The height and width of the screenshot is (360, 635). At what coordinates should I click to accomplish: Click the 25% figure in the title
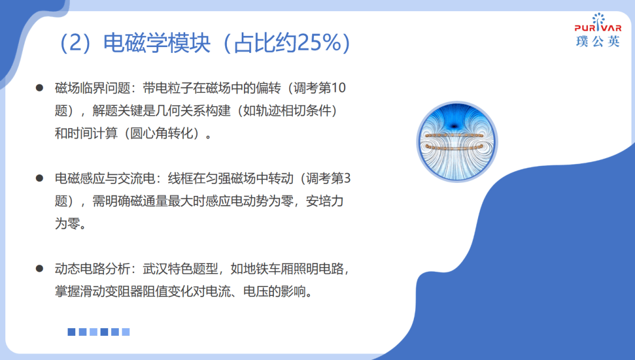[319, 42]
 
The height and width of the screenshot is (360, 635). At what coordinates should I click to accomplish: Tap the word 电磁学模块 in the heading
[157, 42]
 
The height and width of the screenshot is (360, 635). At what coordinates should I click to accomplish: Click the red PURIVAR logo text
[598, 28]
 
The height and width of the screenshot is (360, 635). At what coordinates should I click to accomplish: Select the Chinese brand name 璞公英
[598, 41]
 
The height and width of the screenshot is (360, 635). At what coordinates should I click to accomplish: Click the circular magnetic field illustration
[457, 142]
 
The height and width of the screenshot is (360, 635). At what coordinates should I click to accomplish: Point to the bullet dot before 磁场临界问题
[39, 88]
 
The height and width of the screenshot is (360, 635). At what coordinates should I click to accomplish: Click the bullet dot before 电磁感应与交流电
[39, 178]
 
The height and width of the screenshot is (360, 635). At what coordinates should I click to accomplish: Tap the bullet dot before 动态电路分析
[39, 268]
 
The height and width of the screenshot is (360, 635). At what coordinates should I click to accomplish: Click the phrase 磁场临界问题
[92, 88]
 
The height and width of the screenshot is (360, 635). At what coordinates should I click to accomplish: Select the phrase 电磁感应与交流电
[105, 178]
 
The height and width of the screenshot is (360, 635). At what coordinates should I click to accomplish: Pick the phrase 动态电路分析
[92, 268]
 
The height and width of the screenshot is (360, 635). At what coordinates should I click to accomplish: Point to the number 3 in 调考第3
[347, 178]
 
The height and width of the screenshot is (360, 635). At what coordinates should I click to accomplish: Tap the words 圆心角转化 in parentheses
[161, 133]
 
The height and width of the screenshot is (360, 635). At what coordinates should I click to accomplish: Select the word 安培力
[325, 201]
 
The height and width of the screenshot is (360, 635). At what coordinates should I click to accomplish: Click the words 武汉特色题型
[181, 268]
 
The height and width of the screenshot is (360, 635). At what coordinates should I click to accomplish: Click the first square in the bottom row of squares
[71, 332]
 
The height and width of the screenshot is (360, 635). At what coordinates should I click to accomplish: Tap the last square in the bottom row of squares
[126, 332]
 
